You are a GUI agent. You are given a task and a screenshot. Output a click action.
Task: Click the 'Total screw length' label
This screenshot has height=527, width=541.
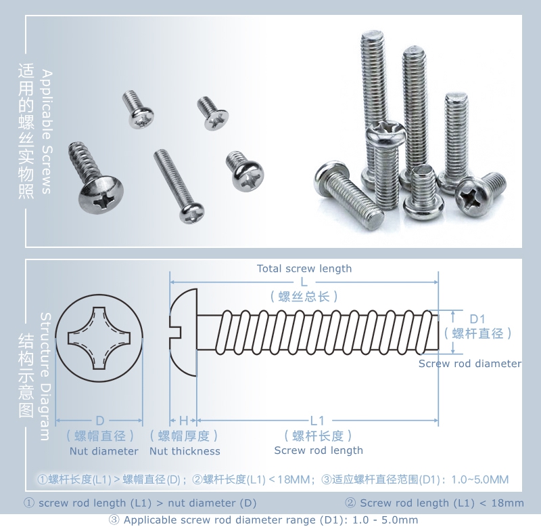tap(304, 268)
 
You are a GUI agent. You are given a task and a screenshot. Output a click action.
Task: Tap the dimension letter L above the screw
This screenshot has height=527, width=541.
tap(304, 282)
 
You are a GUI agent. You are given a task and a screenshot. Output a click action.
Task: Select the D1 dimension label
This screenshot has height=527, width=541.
tap(477, 319)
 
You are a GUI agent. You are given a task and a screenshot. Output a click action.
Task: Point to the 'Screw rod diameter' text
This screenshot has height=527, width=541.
tap(469, 364)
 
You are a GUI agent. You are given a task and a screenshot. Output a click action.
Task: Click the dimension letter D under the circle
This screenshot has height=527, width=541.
tap(99, 421)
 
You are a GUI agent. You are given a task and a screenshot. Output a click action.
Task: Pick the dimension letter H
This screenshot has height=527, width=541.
tap(183, 421)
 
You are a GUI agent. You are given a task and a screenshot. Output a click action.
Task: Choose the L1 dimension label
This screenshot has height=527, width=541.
tap(317, 421)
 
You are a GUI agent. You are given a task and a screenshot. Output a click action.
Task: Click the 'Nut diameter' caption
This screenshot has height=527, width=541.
tap(104, 451)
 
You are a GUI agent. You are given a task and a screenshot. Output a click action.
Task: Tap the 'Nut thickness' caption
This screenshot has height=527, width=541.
tap(185, 451)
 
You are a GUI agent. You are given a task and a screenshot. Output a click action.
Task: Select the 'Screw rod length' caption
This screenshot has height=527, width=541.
tap(319, 450)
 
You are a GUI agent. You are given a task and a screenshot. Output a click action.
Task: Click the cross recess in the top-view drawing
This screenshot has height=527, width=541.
tap(99, 338)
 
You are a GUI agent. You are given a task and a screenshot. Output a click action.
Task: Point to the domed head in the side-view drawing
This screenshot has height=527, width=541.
tap(183, 333)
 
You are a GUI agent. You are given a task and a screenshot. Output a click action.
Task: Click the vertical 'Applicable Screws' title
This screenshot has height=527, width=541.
tap(47, 131)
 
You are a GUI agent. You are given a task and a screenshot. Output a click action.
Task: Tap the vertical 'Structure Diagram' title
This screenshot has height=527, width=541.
tap(45, 377)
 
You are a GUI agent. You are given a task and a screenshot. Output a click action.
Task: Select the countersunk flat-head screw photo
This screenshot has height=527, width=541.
tap(212, 113)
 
